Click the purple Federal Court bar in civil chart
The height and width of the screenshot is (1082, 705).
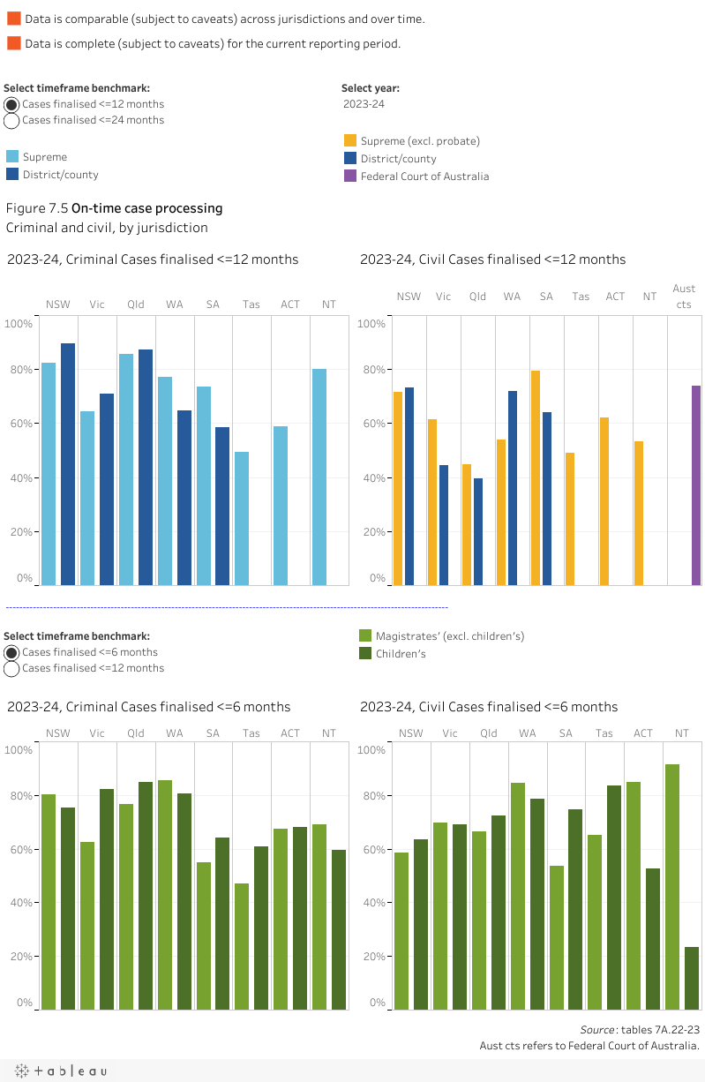point(696,485)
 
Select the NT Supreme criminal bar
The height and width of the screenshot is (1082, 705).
point(319,477)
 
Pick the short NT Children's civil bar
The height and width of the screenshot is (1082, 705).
point(691,978)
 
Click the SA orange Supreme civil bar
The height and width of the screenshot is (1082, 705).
point(536,477)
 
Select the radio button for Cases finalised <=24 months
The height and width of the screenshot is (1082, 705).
point(11,121)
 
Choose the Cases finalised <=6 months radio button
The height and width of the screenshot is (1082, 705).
point(11,653)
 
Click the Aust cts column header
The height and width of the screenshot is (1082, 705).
point(684,297)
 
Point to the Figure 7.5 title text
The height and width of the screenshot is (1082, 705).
point(114,209)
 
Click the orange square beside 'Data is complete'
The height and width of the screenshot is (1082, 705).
point(13,43)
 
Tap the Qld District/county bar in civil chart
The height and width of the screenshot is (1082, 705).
point(477,531)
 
